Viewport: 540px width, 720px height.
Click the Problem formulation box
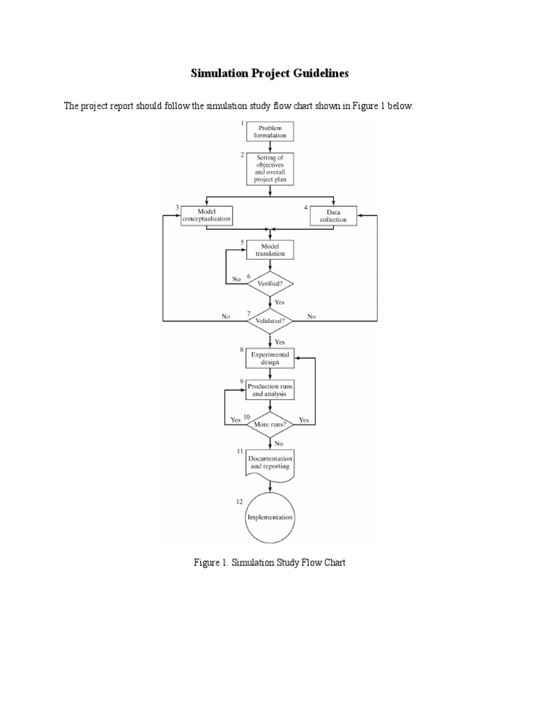270,131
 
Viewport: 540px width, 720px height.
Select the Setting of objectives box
270,169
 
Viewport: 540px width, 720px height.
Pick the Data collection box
333,215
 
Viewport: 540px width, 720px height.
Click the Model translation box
270,250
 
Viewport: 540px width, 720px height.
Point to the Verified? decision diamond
270,283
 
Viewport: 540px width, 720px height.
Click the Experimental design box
270,358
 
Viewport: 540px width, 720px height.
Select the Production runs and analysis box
270,390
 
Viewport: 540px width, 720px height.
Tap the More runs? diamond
270,425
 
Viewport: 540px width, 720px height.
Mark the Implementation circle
270,517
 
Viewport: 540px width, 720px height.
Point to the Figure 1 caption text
270,562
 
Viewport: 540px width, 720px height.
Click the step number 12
240,501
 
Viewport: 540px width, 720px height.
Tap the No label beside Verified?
237,278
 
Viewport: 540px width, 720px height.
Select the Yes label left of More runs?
236,420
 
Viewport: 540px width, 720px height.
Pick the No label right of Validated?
311,316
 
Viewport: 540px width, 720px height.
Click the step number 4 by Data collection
306,207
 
